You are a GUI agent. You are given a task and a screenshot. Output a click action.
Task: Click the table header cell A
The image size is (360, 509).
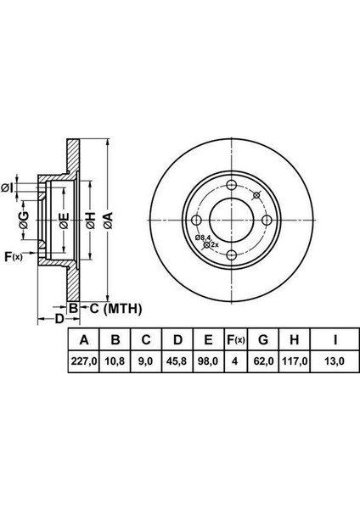click(83, 340)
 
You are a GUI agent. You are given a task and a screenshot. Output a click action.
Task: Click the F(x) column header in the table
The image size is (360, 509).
click(234, 340)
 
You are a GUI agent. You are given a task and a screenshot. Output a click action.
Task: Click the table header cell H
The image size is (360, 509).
click(295, 340)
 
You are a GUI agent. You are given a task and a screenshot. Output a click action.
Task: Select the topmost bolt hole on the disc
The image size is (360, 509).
click(231, 187)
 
